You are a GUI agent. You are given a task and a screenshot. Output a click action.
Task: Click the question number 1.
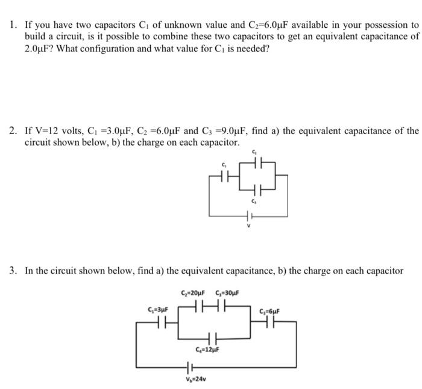click(x=12, y=26)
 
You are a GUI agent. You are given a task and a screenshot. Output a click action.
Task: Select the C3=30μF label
click(x=227, y=294)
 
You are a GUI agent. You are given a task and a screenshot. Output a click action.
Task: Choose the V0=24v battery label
click(x=194, y=380)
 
